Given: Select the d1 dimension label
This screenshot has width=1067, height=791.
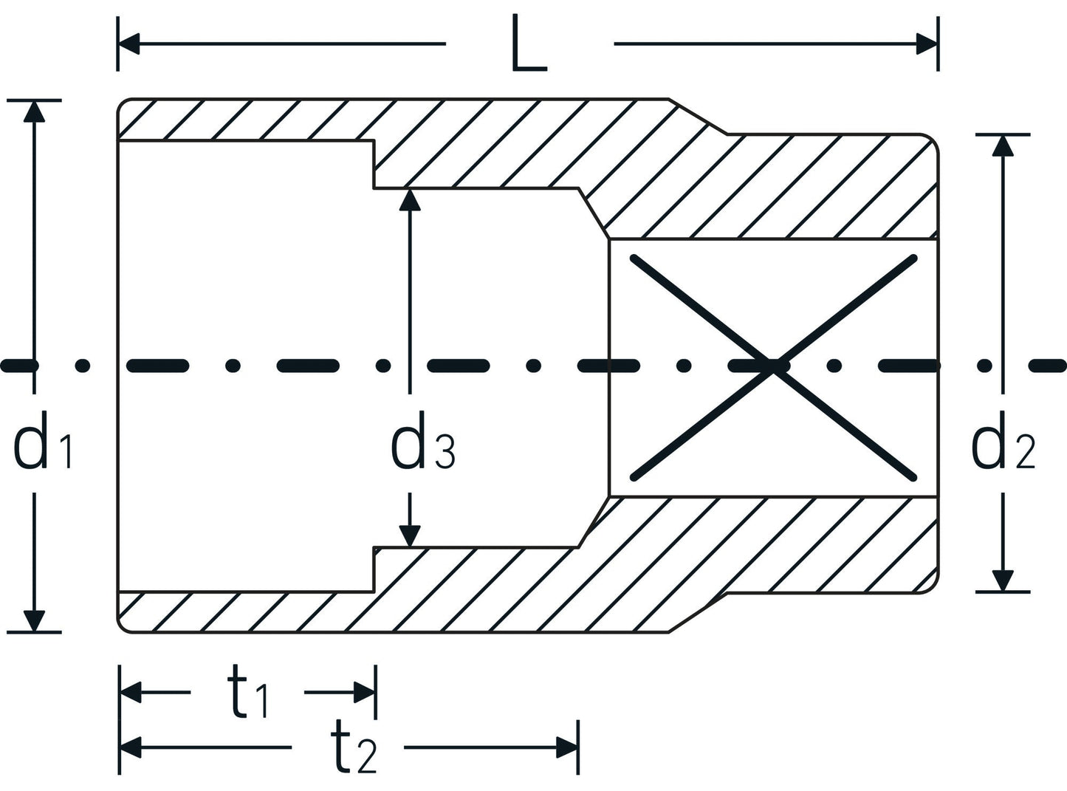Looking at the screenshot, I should click(x=43, y=448).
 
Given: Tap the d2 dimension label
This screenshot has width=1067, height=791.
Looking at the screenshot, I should click(x=1003, y=448).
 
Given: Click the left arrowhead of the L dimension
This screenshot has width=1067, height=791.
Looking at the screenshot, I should click(x=128, y=44).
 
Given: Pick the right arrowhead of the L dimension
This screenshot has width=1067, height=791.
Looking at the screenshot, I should click(x=927, y=44).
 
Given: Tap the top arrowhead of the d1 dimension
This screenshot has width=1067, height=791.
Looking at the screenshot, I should click(x=33, y=110).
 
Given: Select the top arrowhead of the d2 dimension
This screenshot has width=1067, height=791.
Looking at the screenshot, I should click(x=1002, y=145).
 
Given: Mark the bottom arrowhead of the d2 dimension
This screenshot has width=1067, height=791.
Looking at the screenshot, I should click(x=1002, y=581).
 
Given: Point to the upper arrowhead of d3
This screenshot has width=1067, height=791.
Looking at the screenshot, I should click(x=410, y=200).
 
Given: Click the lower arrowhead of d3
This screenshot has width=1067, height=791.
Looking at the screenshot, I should click(x=410, y=536).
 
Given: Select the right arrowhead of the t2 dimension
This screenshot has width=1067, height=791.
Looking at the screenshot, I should click(x=567, y=747).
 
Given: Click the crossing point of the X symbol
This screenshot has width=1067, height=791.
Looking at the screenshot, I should click(x=773, y=366).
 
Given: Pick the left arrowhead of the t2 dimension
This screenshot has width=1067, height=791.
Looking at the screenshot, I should click(x=130, y=747).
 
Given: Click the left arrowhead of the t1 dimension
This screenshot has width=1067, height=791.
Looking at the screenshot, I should click(x=130, y=693).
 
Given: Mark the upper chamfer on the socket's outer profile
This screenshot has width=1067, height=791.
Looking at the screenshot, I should click(x=699, y=117).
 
